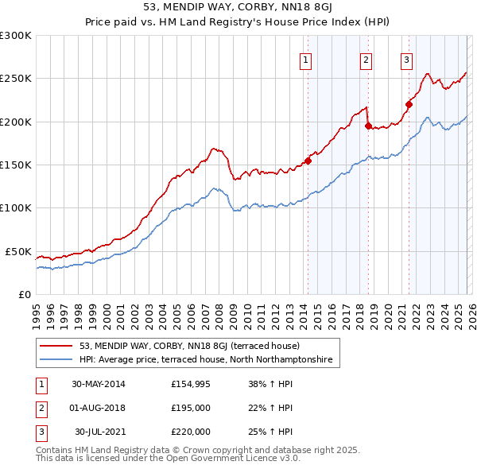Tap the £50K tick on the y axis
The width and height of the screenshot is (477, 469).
click(x=19, y=251)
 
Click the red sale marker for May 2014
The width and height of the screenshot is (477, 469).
click(x=308, y=161)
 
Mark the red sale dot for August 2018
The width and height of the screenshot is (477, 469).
click(x=368, y=126)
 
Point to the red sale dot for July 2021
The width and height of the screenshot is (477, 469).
click(x=409, y=103)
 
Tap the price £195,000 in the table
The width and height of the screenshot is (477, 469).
click(x=191, y=408)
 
